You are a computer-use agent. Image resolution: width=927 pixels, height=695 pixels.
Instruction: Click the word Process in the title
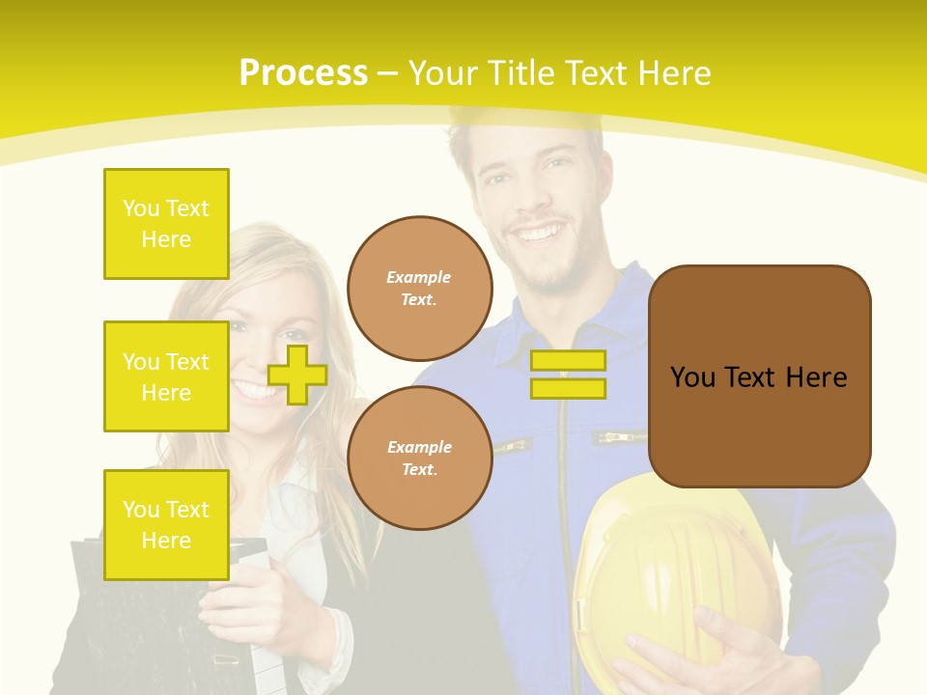pos(303,73)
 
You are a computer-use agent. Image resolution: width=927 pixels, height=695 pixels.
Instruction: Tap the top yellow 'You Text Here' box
pos(166,224)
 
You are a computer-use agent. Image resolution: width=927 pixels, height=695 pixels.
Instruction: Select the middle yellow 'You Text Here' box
pos(166,376)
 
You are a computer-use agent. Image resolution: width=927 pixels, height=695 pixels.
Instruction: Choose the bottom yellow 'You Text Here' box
pos(166,525)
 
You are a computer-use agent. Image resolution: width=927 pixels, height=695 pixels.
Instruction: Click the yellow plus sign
pos(297,375)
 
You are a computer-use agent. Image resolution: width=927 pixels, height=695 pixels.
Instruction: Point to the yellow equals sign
pos(568,375)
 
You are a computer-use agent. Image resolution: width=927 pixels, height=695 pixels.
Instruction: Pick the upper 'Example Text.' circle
pos(420,289)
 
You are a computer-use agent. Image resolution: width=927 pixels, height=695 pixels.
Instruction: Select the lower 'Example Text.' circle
pos(420,459)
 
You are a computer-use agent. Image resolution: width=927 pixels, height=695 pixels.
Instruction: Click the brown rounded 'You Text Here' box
pos(759,376)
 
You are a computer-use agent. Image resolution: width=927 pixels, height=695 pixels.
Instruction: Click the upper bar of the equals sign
pos(568,361)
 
